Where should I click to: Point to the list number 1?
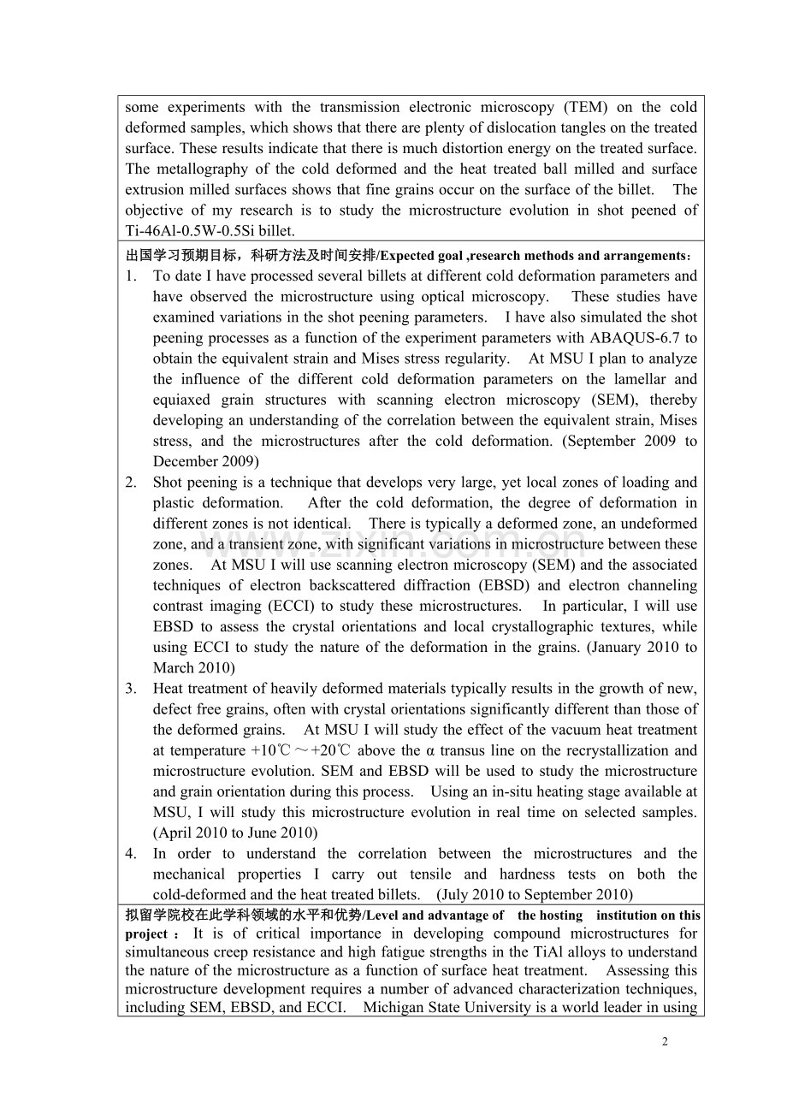(x=130, y=276)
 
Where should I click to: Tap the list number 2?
(x=130, y=482)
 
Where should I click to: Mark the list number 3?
(x=130, y=688)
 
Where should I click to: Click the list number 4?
(x=130, y=853)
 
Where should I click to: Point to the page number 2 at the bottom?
(x=665, y=1041)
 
